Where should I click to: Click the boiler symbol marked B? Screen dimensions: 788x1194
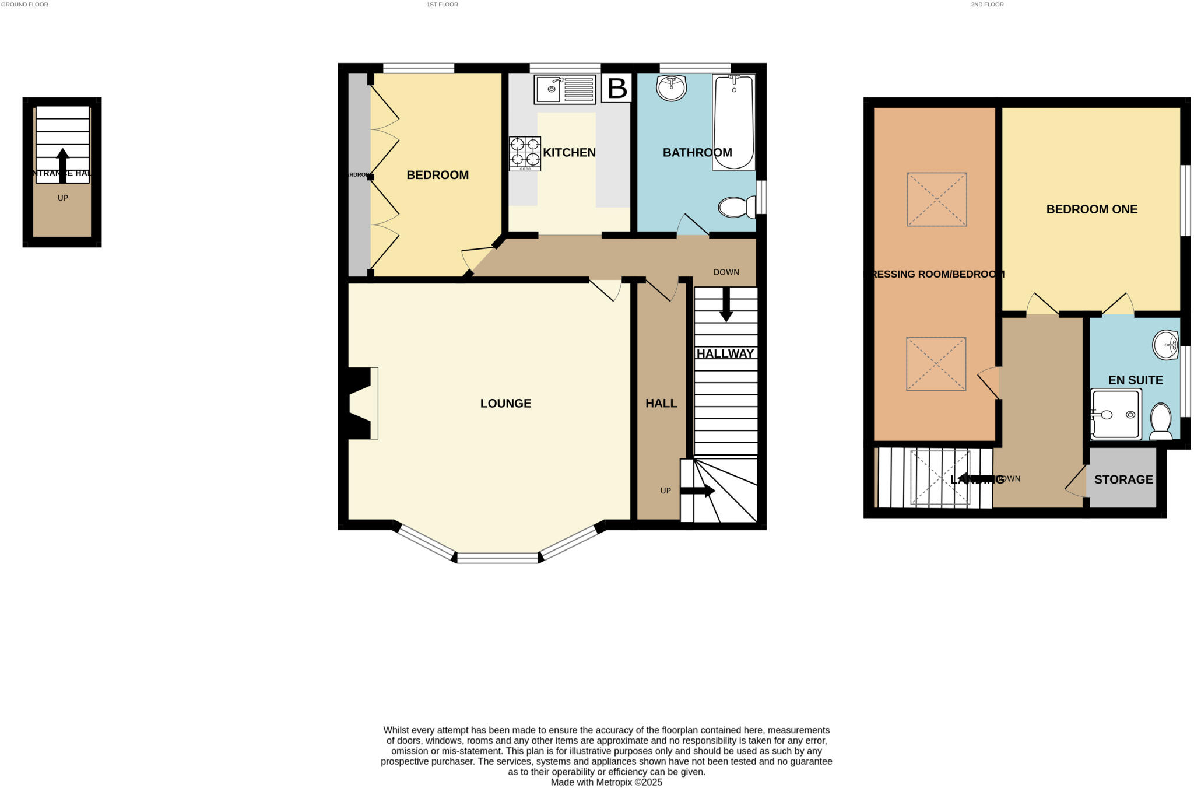coord(617,89)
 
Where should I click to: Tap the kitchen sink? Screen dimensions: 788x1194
coord(564,90)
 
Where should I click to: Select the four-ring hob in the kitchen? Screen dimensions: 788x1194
coord(525,153)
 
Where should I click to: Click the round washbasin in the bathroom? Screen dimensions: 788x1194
coord(671,88)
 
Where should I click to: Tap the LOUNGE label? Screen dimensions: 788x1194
coord(505,404)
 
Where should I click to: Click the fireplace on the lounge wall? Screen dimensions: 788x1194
coord(360,403)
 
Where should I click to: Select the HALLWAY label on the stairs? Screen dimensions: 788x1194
coord(725,353)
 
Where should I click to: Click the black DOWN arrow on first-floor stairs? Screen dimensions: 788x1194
coord(726,304)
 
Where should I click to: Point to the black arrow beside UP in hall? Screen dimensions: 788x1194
coord(697,491)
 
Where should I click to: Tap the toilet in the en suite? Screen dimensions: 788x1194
coord(1160,421)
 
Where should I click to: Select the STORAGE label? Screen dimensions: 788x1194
coord(1123,479)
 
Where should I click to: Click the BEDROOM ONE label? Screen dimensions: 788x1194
coord(1091,209)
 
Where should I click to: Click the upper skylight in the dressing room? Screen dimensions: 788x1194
coord(936,199)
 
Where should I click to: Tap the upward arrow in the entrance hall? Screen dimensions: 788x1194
coord(62,164)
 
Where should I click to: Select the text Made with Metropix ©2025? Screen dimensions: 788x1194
coord(606,782)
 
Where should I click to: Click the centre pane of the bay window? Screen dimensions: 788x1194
coord(497,558)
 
